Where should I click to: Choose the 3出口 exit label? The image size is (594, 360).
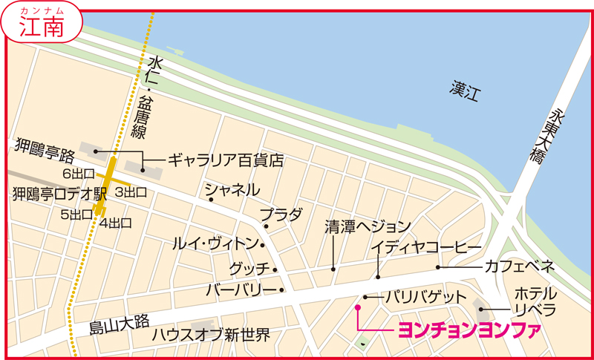(x=130, y=192)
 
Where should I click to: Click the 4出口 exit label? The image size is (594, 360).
(x=115, y=222)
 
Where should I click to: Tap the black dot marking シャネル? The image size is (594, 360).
(x=211, y=199)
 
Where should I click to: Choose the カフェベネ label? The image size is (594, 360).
(x=520, y=266)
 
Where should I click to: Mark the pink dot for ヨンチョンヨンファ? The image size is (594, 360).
(x=357, y=307)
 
